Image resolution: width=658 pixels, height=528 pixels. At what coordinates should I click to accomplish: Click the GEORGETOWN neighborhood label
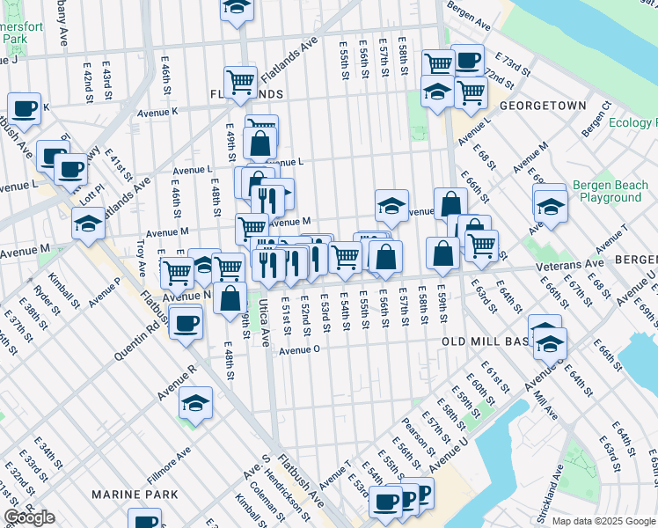click(x=542, y=106)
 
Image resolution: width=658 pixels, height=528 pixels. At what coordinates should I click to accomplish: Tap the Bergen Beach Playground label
click(x=607, y=192)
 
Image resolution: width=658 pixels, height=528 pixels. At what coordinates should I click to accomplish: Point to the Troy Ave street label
click(x=141, y=256)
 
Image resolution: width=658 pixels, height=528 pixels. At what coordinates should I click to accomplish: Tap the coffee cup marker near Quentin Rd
click(x=186, y=322)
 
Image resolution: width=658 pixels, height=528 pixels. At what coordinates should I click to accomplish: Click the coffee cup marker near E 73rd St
click(x=467, y=60)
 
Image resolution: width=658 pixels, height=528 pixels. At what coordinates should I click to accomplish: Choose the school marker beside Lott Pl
click(x=89, y=224)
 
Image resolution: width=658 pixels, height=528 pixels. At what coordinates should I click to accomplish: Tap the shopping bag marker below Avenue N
click(x=230, y=297)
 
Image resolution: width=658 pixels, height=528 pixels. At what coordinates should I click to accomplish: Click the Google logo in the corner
click(x=30, y=517)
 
